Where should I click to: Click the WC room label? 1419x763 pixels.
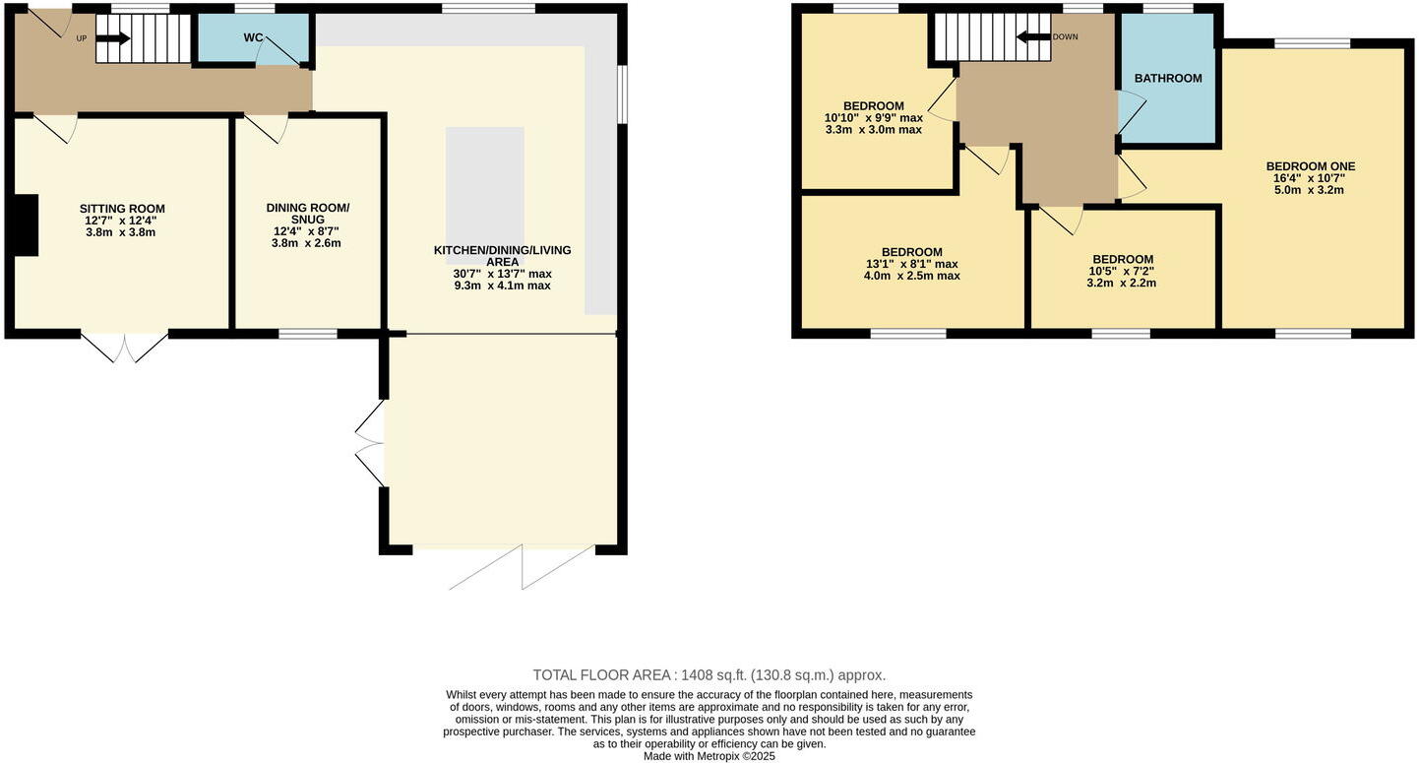(253, 37)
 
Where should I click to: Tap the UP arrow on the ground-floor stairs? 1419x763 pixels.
(113, 39)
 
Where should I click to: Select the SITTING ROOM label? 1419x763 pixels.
(122, 209)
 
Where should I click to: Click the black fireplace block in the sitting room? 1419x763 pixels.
(26, 225)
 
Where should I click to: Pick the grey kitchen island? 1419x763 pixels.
(484, 202)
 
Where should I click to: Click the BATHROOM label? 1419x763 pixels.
(1168, 78)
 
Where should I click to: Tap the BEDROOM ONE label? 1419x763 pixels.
(1304, 166)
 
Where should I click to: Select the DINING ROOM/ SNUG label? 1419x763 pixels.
(307, 213)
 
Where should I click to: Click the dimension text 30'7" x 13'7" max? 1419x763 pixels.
(502, 274)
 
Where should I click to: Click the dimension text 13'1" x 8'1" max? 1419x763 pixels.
(911, 264)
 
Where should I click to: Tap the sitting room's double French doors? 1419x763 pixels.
(124, 348)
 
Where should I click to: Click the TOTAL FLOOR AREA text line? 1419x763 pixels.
(709, 675)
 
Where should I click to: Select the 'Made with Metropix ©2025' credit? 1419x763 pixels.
(709, 756)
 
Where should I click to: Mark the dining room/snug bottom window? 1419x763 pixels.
(307, 334)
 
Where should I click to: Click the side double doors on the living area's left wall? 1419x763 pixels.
(370, 443)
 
